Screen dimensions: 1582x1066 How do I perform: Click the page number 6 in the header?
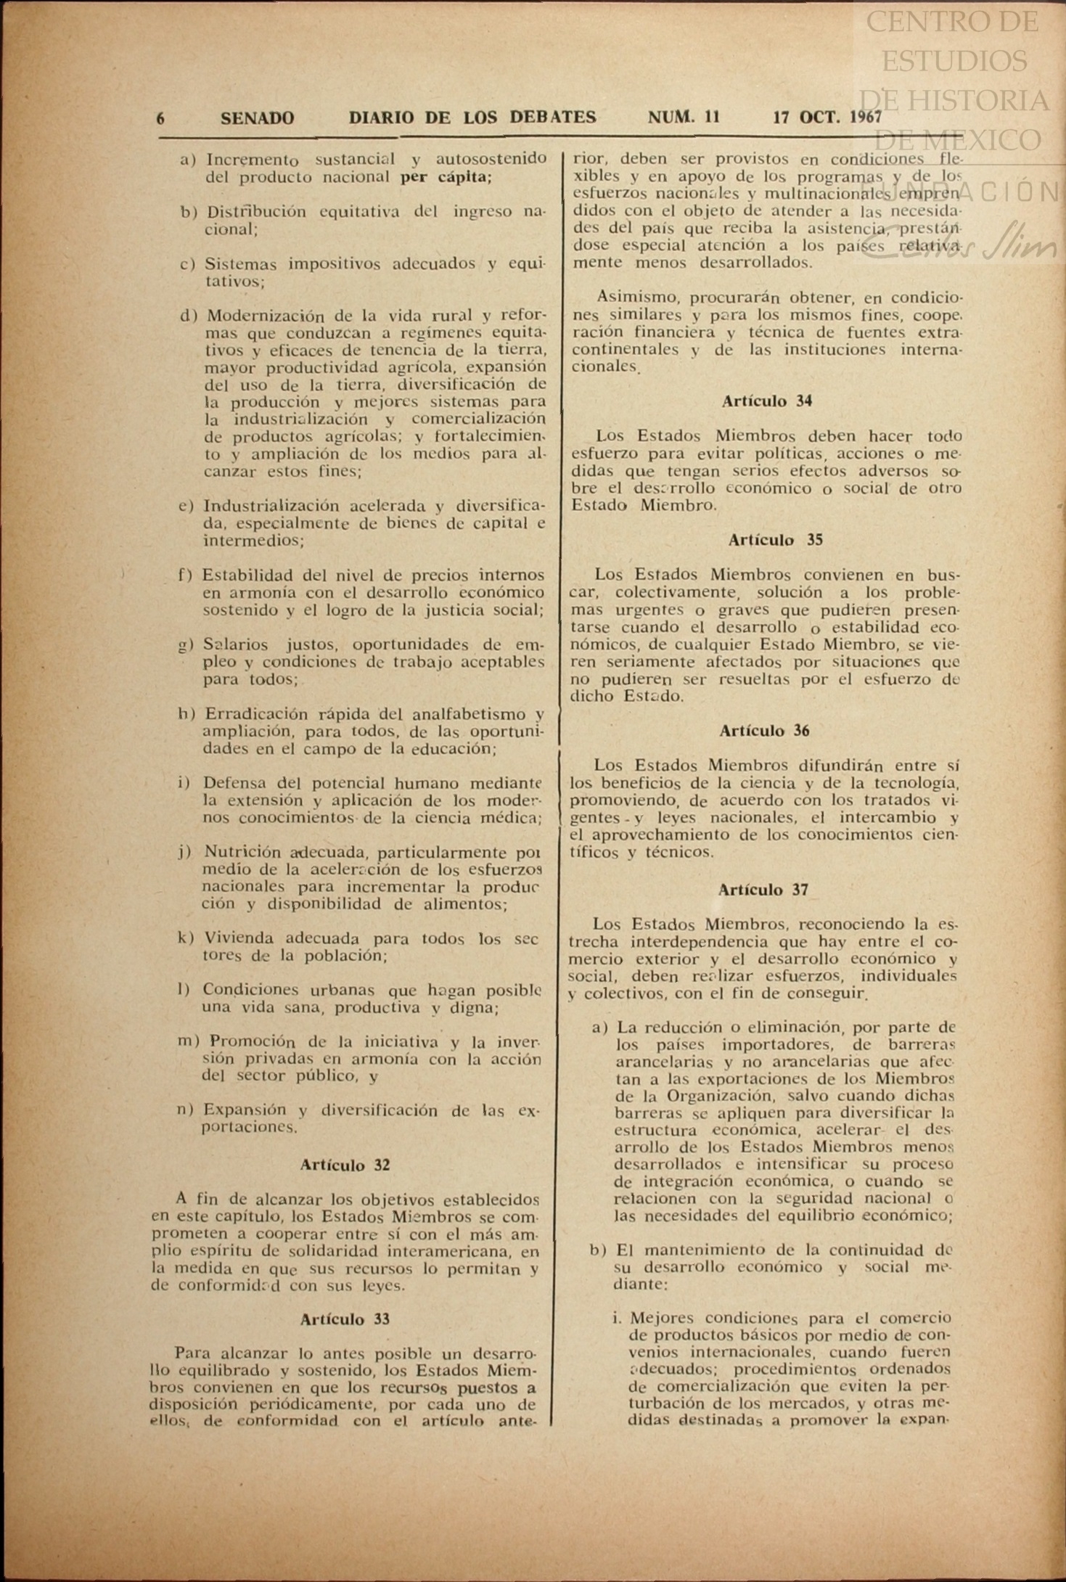coord(160,118)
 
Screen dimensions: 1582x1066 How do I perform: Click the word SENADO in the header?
coord(257,118)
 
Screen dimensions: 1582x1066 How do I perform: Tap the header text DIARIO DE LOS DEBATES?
coord(472,118)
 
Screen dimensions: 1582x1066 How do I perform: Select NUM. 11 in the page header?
coord(684,117)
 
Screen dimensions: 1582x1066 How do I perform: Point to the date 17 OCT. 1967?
coord(827,117)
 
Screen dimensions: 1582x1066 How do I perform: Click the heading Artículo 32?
coord(345,1165)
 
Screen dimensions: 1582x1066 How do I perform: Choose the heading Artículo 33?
coord(345,1319)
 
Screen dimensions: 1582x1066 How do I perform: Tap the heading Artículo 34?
coord(766,401)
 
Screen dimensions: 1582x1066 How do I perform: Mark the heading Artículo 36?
coord(764,731)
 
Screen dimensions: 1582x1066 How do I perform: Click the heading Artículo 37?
coord(763,890)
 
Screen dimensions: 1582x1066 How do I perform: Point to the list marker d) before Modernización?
coord(189,316)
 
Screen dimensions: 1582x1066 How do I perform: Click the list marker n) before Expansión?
coord(186,1110)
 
